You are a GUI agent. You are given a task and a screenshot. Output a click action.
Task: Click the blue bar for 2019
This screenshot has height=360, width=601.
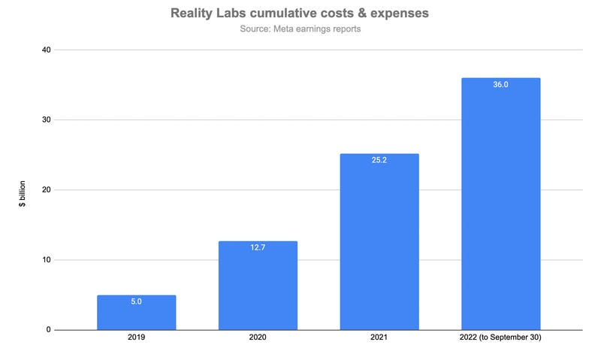[x=136, y=313]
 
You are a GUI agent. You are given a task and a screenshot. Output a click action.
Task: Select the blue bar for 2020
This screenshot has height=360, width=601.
[x=258, y=286]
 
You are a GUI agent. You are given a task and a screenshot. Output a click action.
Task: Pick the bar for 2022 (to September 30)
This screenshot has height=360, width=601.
[x=500, y=204]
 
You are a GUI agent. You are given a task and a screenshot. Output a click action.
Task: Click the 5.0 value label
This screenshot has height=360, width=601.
[x=136, y=302]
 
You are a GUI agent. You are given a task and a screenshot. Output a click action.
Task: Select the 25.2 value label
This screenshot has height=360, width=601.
[x=379, y=161]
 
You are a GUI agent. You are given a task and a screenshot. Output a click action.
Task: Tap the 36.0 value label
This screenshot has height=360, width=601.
[x=500, y=85]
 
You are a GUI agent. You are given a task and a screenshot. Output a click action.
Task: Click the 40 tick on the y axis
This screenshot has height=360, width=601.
[x=46, y=50]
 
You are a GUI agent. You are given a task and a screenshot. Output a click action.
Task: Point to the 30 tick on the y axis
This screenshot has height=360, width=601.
[x=46, y=119]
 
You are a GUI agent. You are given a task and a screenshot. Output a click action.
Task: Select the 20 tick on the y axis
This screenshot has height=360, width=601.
[x=46, y=190]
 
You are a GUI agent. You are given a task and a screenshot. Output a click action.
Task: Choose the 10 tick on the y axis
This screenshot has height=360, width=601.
[x=46, y=260]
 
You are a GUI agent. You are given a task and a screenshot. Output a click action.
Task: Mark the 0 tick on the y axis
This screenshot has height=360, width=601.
[x=48, y=330]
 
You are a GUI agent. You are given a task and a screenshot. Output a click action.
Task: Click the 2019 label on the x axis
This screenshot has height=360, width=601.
[x=136, y=339]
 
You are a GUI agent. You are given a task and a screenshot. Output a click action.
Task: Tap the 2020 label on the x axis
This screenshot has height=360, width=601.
[x=258, y=339]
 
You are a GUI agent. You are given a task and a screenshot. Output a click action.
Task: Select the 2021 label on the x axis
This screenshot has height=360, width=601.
[x=379, y=339]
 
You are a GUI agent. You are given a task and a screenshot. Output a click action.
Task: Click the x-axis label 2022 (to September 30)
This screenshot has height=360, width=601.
[x=500, y=339]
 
